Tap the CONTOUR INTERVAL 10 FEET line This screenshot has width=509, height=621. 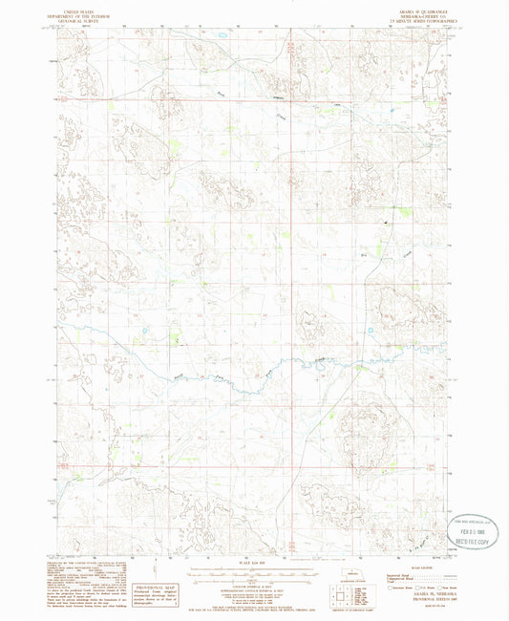pos(253,587)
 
